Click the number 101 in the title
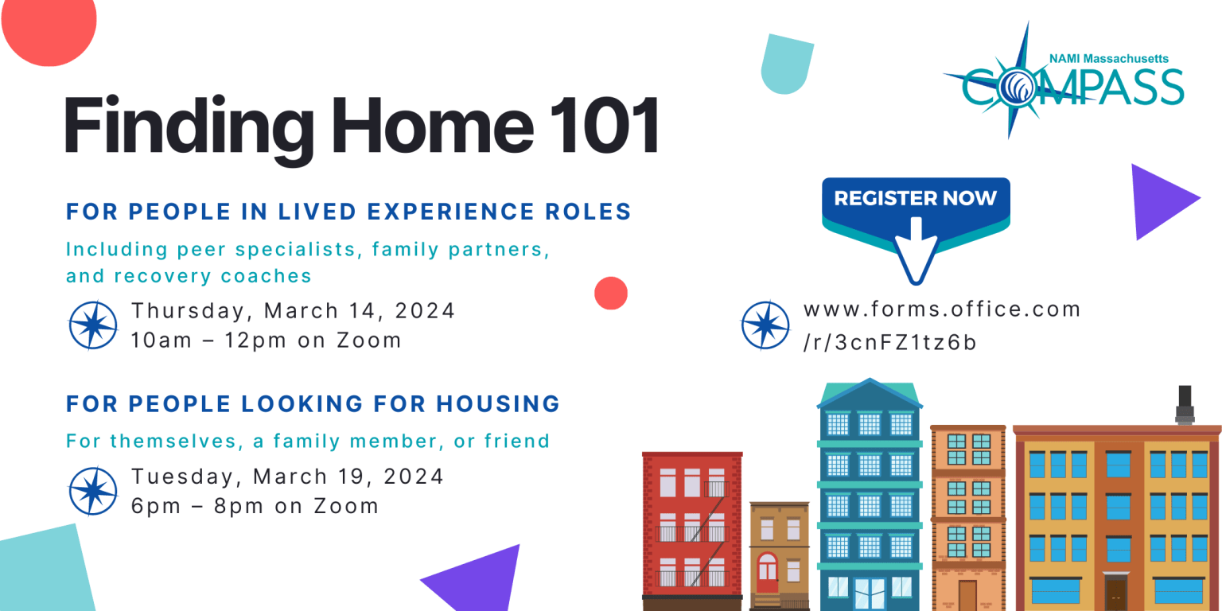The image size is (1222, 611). (x=605, y=126)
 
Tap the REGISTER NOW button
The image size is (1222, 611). (x=916, y=208)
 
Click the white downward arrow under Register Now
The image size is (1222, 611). (x=916, y=251)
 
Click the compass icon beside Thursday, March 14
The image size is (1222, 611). (x=93, y=325)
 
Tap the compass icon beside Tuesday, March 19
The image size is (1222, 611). (x=93, y=491)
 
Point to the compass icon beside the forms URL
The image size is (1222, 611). (x=765, y=325)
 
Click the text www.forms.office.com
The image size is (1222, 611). (x=942, y=309)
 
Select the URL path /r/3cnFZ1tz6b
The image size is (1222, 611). (x=889, y=343)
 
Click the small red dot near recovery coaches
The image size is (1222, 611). (x=611, y=294)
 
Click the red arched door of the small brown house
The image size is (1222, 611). (x=768, y=572)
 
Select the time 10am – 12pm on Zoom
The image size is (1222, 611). (x=267, y=341)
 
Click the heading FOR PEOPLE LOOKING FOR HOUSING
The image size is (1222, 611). (x=313, y=403)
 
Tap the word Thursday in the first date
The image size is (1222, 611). (x=189, y=311)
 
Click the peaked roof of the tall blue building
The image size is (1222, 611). (x=870, y=393)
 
